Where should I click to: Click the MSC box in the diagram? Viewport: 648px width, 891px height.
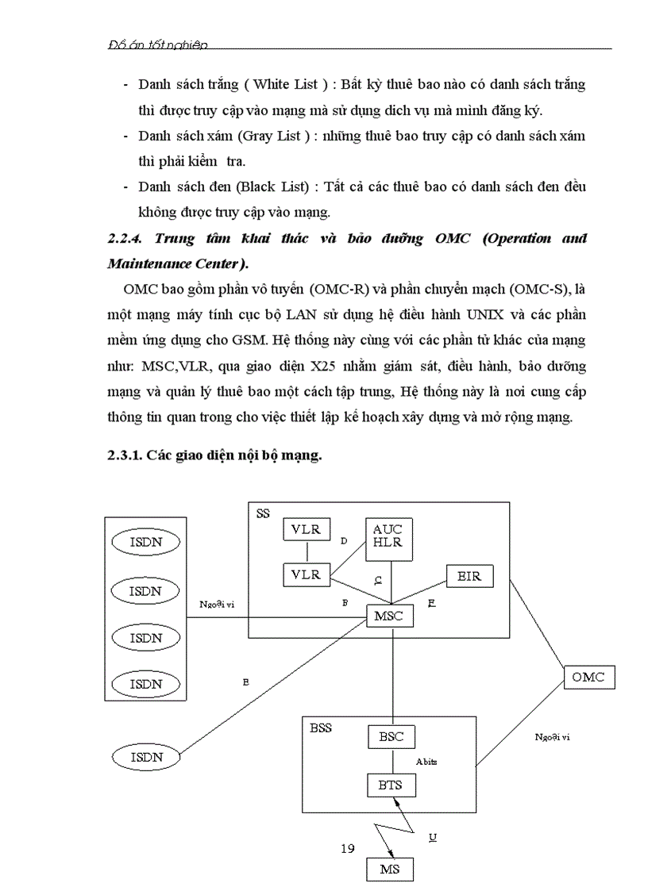point(390,616)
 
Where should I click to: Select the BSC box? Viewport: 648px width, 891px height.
point(391,736)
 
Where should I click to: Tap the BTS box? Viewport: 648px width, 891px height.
point(391,785)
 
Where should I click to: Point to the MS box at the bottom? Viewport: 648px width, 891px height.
point(390,869)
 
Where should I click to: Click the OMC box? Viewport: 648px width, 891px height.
point(588,677)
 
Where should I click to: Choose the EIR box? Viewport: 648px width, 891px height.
point(469,576)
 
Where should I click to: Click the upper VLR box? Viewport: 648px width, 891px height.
point(306,529)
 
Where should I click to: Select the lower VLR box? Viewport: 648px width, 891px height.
point(306,574)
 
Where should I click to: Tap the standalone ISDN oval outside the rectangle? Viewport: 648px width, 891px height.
point(146,757)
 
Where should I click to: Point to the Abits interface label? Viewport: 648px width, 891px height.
point(426,762)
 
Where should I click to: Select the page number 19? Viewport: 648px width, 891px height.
point(347,849)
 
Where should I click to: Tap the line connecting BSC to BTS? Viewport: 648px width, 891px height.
point(391,760)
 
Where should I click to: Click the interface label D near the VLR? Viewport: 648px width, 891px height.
point(344,541)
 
